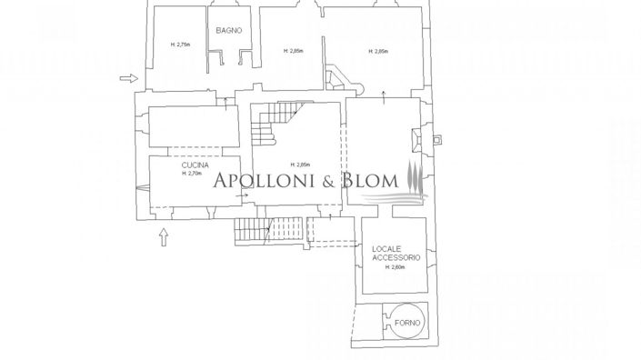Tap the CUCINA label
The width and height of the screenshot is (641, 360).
point(195,165)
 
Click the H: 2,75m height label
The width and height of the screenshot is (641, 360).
point(179,45)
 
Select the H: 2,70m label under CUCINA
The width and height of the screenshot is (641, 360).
point(191,174)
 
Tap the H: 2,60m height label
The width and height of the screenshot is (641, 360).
point(394,267)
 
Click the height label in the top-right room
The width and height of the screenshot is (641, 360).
point(378,52)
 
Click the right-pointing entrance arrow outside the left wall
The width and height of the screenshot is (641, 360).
point(128,79)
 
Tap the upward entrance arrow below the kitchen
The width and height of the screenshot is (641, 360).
point(164,238)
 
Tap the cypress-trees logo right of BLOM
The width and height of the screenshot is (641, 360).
point(415,177)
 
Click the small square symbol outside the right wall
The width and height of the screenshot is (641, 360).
point(437,140)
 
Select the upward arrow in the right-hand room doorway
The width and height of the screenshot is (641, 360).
point(384,96)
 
